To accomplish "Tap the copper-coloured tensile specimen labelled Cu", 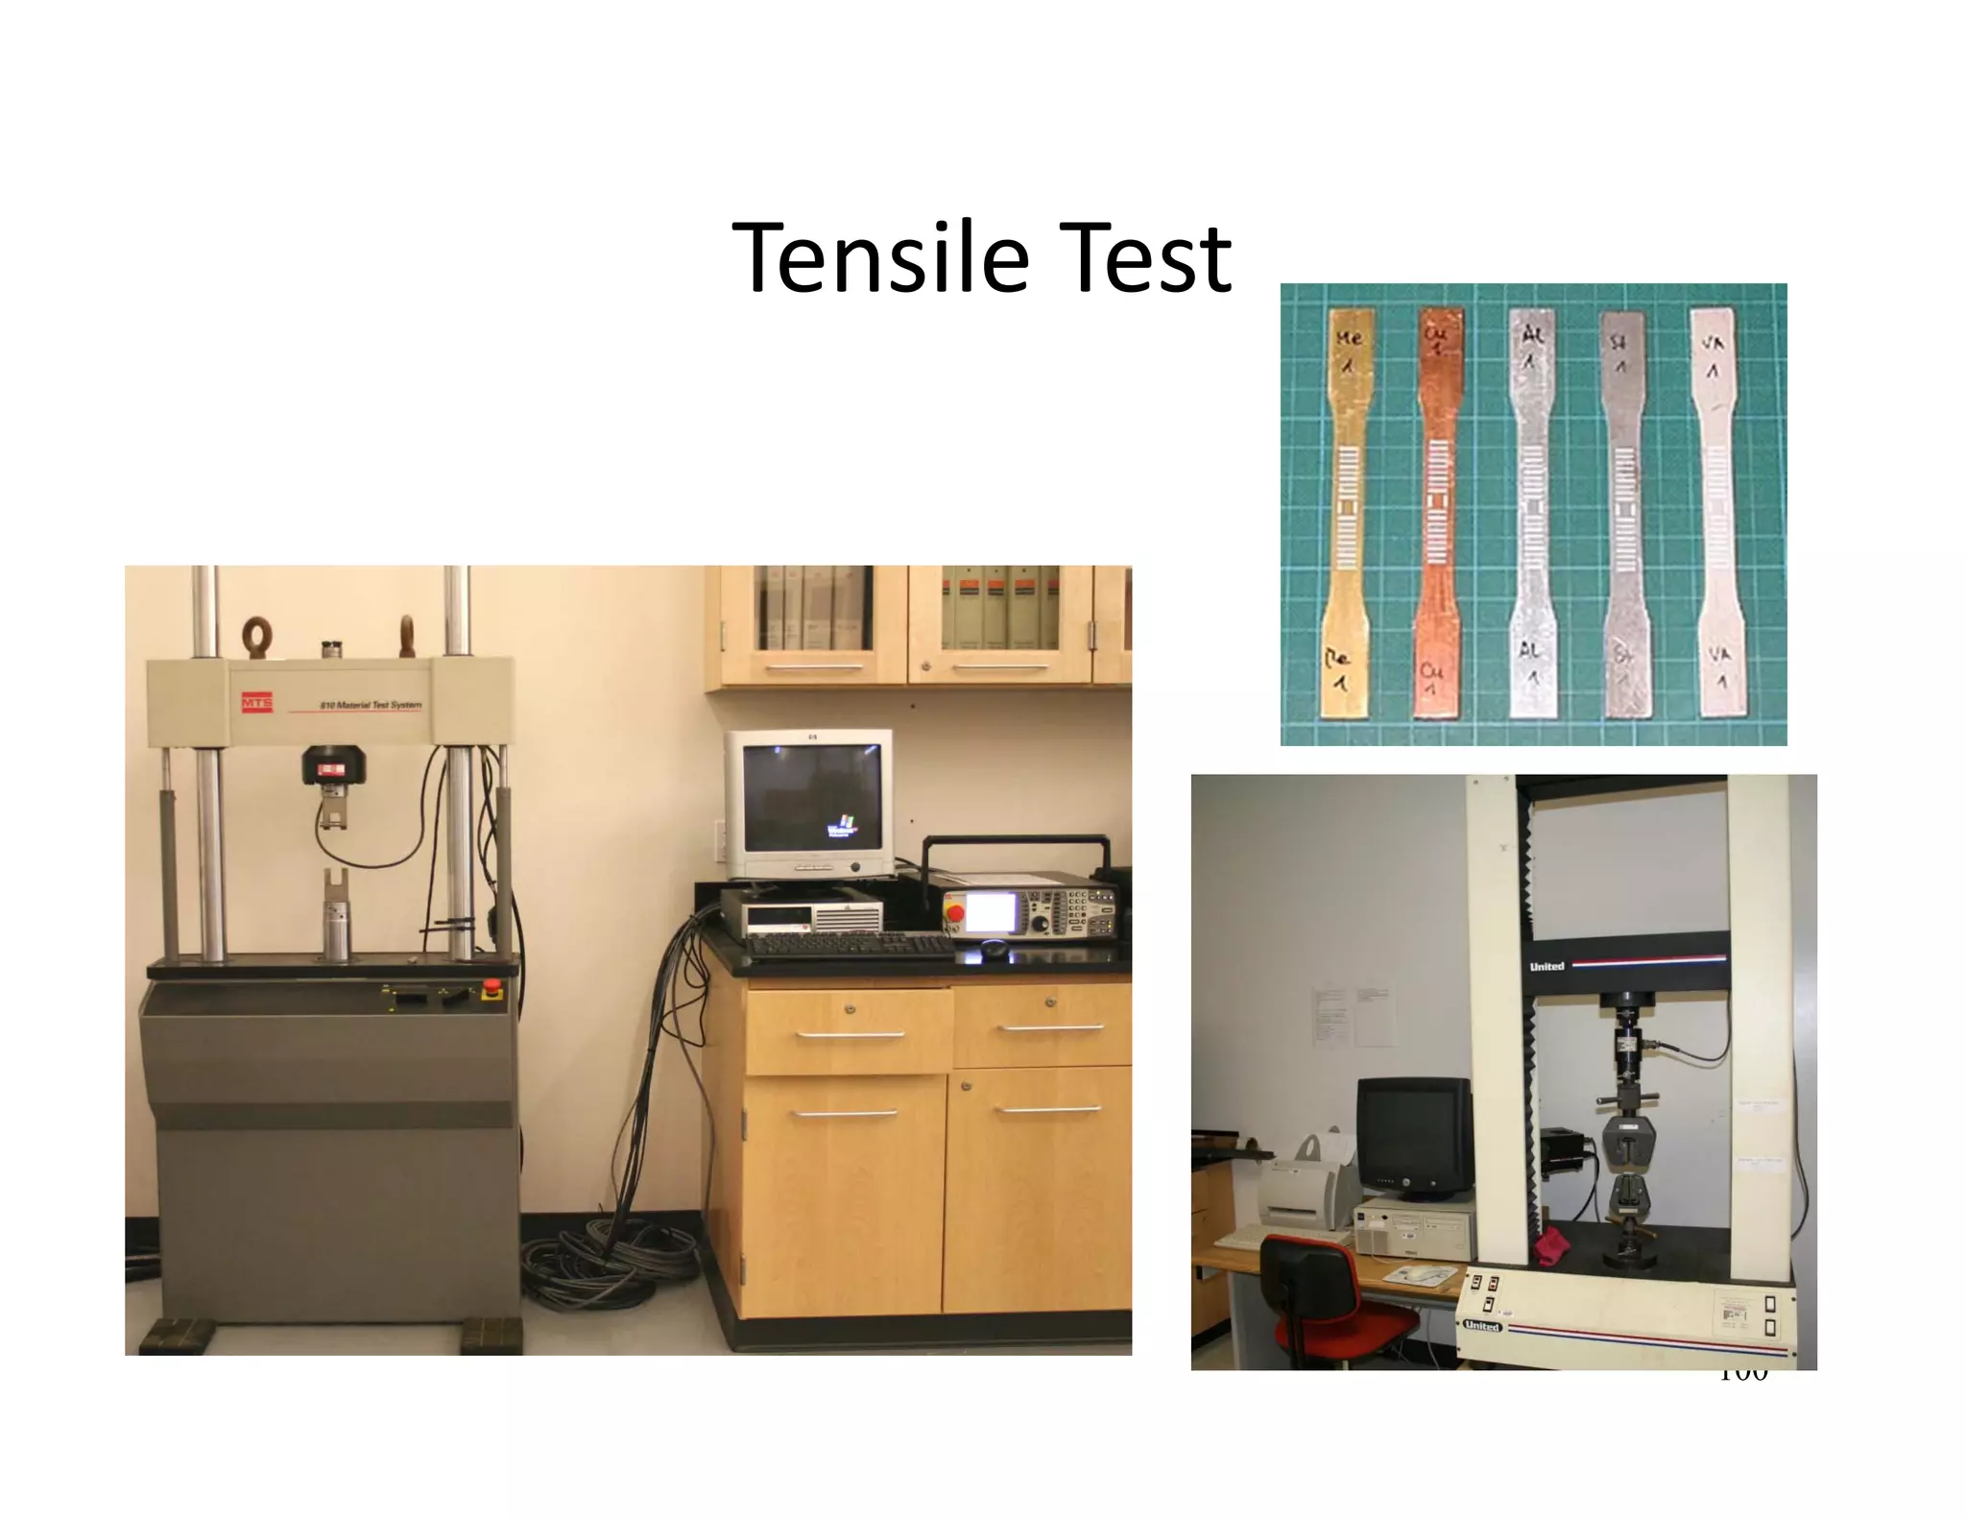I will click(x=1438, y=509).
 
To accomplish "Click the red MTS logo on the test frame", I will click(x=256, y=704).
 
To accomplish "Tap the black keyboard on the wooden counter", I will click(x=850, y=946).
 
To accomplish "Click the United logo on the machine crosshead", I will click(x=1546, y=966).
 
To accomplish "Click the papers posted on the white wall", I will click(x=1354, y=1018).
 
